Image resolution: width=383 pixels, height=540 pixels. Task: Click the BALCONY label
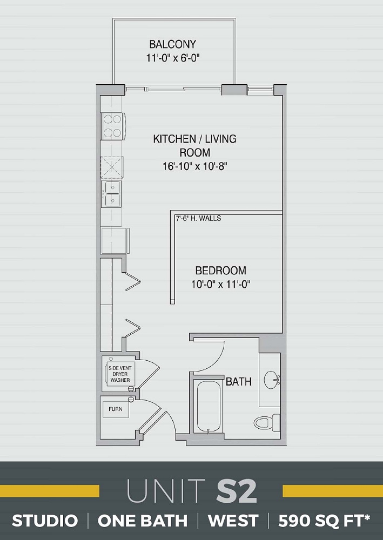172,44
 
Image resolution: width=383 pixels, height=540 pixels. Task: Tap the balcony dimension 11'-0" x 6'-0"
172,58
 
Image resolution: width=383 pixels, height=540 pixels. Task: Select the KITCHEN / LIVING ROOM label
194,145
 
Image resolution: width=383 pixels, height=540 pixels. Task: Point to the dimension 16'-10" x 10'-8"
194,167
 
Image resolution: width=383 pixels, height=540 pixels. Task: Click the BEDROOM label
220,271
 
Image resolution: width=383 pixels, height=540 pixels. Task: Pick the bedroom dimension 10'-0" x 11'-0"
220,284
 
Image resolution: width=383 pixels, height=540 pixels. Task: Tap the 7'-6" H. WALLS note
198,219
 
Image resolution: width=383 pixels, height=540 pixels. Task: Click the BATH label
238,382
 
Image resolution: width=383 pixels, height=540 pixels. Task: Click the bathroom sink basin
271,380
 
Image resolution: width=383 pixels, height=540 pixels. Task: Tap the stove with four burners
112,126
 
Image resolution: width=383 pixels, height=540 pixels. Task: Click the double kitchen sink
111,194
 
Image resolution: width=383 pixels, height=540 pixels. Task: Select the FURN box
116,409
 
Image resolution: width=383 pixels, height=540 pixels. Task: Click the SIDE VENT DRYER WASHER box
120,373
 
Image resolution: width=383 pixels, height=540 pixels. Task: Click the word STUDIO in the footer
45,521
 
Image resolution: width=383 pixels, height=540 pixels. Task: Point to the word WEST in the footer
233,521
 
